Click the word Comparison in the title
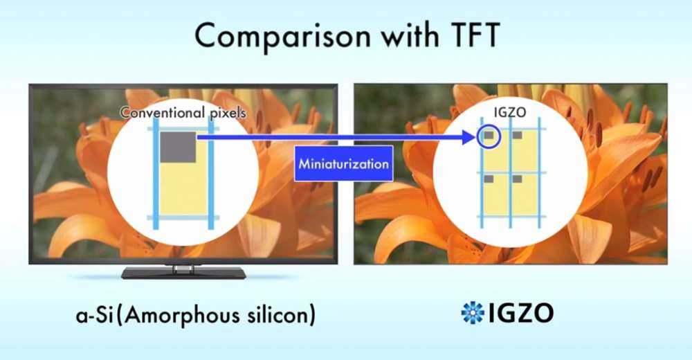click(283, 37)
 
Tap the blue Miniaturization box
click(343, 163)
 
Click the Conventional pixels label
click(183, 113)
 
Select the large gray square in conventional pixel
click(179, 147)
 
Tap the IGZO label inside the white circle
click(510, 112)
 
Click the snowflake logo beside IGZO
click(473, 313)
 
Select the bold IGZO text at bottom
click(521, 313)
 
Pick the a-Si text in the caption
click(92, 316)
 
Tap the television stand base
click(183, 273)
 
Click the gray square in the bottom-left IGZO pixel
click(489, 179)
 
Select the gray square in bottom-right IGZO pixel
click(517, 179)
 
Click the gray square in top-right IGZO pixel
click(517, 135)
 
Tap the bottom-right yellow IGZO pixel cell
click(526, 195)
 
